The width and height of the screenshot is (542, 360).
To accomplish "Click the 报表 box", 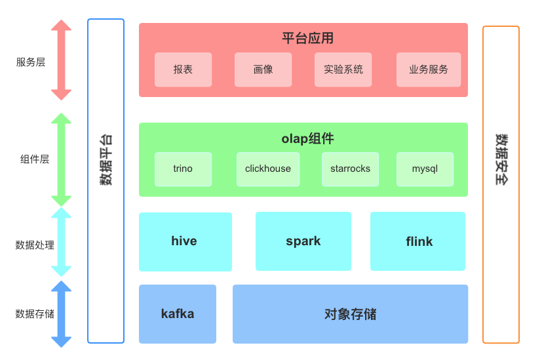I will click(183, 70).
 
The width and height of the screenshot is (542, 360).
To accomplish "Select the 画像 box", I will click(263, 70).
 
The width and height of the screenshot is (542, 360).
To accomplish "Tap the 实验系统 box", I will click(343, 70).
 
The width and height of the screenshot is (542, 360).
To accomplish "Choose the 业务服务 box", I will click(429, 70).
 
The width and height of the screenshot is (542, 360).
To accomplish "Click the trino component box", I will click(183, 169).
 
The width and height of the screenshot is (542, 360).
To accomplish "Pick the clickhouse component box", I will click(268, 169).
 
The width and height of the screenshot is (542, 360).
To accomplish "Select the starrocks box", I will click(350, 169).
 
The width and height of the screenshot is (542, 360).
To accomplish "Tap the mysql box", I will click(425, 169).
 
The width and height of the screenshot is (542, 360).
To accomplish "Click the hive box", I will click(185, 241).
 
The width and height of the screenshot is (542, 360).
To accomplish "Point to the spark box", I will click(303, 241).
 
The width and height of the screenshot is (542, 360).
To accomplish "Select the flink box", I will click(418, 241).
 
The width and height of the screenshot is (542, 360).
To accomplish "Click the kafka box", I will click(177, 314).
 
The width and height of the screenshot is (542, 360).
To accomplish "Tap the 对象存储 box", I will click(350, 314).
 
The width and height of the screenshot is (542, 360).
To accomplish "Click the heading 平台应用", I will click(307, 38).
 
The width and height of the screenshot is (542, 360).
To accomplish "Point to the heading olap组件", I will click(307, 138).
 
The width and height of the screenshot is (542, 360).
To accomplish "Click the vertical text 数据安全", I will click(501, 160).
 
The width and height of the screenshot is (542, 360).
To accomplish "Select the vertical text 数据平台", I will click(106, 160).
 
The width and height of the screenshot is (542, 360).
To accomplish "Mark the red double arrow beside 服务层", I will click(61, 60).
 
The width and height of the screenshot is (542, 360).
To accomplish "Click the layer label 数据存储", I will click(35, 314).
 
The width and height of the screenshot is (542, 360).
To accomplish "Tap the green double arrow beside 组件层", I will click(61, 159).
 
